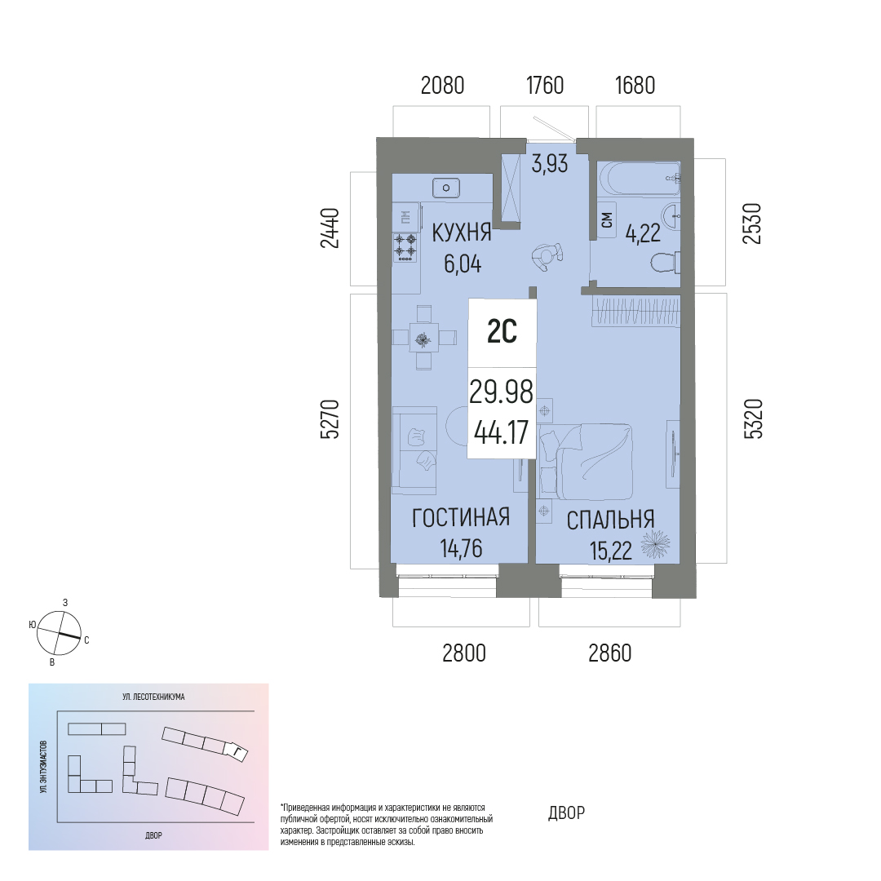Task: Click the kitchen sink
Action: [446, 187]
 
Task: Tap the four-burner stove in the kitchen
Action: [405, 247]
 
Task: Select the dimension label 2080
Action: [443, 86]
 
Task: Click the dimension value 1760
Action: [545, 86]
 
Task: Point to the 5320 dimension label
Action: [754, 418]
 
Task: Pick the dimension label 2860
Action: [610, 653]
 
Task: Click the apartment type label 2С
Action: [502, 331]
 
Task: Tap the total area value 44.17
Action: [501, 432]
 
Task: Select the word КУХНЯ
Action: [461, 232]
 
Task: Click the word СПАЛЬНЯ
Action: [610, 520]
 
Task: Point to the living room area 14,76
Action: [461, 548]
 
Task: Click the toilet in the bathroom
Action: [666, 263]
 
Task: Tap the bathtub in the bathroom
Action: [640, 179]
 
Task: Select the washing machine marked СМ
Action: [607, 220]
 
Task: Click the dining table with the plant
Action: [423, 338]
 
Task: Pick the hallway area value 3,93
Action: [550, 164]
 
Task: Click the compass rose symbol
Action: [59, 633]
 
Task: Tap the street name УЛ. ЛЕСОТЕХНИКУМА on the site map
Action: [153, 697]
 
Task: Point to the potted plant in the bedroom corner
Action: [655, 544]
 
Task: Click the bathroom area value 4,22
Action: [643, 233]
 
